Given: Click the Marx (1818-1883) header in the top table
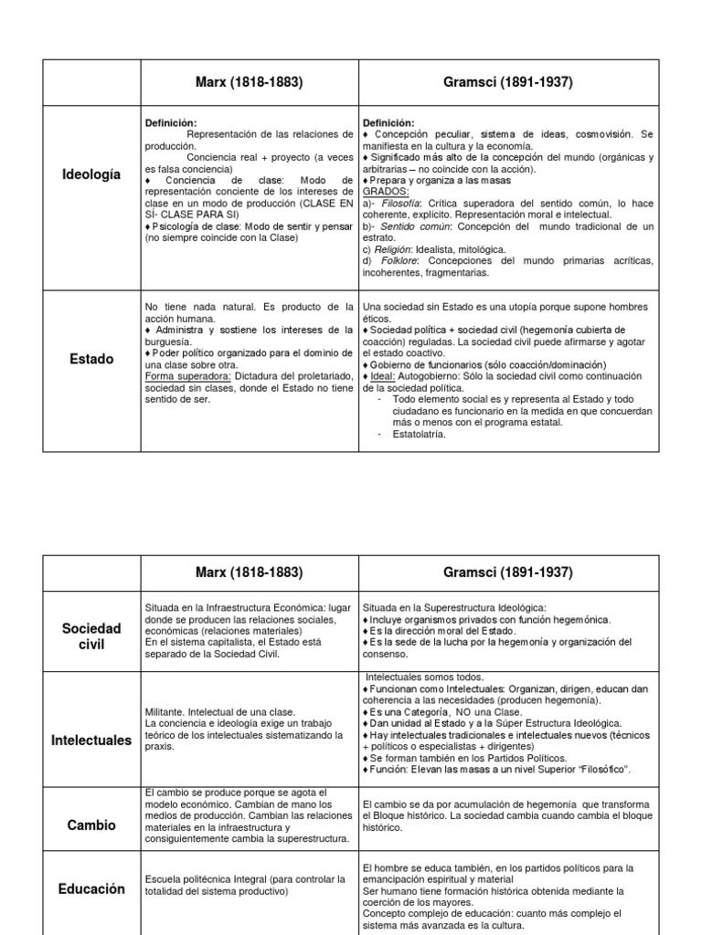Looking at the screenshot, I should point(250,82).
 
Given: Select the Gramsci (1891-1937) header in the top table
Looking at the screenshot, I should point(508,82).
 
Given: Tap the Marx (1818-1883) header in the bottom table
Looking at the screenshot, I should point(250,573).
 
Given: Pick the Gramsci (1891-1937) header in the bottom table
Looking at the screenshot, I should point(508,573).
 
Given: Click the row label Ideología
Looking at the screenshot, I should point(91,174).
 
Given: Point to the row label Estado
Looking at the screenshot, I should point(91,359).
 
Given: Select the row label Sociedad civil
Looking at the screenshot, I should point(91,636).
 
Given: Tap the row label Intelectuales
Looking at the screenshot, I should point(91,741).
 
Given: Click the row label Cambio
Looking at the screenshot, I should point(91,825).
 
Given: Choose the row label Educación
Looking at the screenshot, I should point(91,888).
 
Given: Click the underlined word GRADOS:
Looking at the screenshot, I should point(386,192).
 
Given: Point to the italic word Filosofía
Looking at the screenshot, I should point(402,204).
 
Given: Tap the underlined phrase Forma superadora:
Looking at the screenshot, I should point(188,375).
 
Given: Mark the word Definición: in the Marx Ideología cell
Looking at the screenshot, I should point(171,123).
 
